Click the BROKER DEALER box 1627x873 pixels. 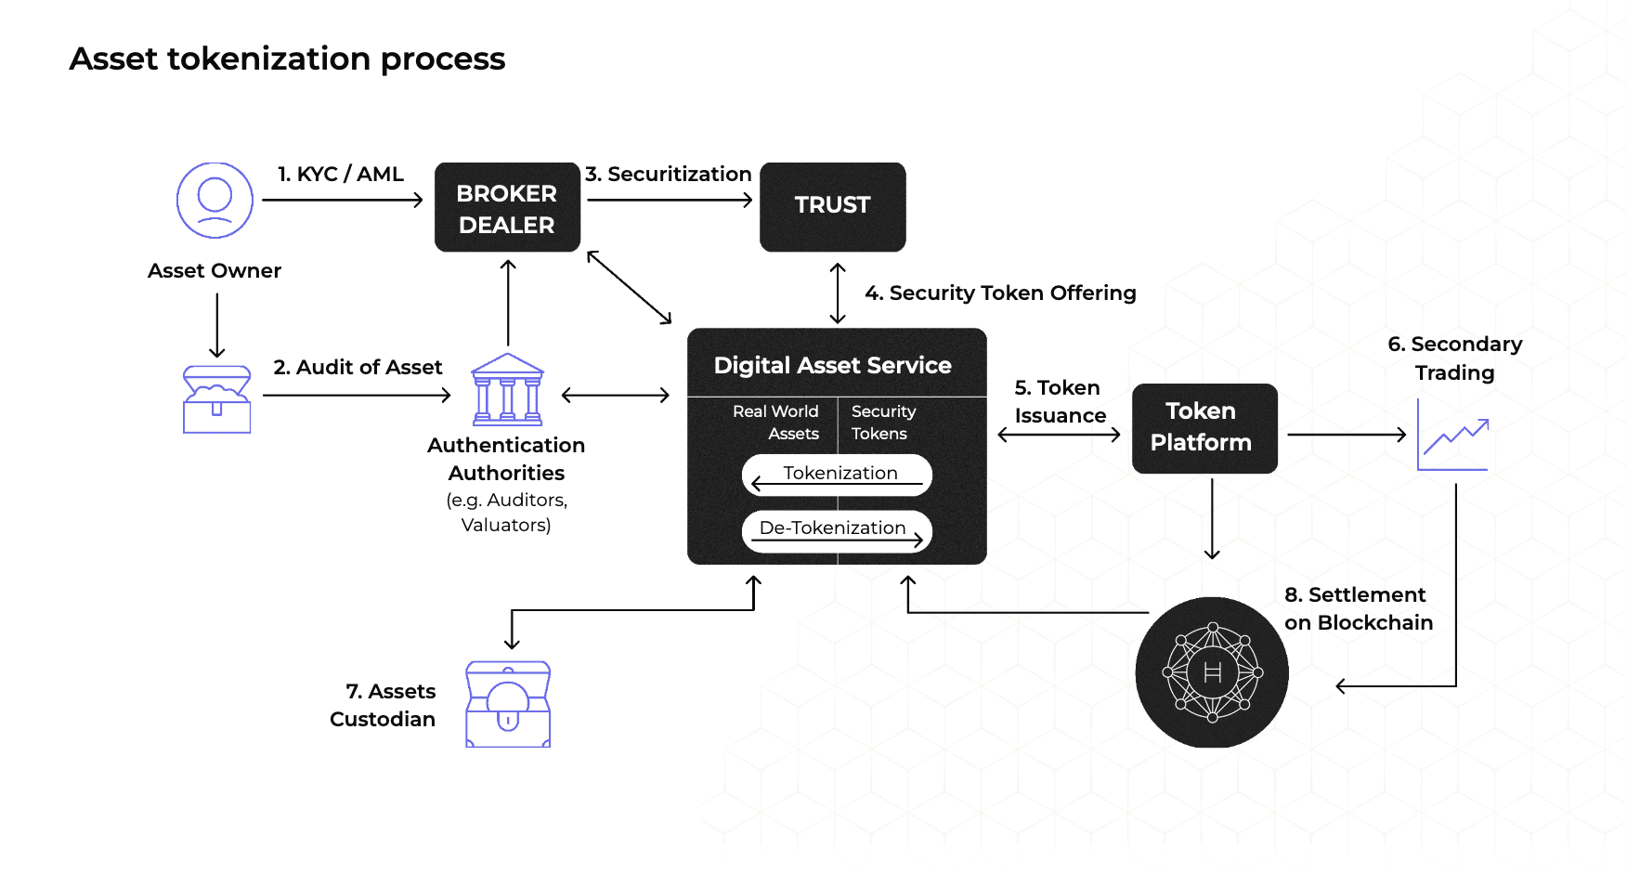(507, 207)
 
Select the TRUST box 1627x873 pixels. (832, 206)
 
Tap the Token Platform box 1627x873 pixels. (1204, 427)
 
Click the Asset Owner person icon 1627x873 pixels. (215, 200)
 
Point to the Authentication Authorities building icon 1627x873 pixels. (507, 390)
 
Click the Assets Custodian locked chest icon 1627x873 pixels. (508, 704)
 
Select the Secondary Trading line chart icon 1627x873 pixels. (1453, 436)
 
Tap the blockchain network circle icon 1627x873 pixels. (1212, 672)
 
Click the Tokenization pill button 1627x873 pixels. (837, 475)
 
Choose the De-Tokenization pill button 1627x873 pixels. (837, 530)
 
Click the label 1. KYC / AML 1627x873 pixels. (341, 175)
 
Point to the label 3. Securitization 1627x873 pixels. (669, 175)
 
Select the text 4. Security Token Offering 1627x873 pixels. (1000, 293)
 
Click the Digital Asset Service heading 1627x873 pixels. (832, 366)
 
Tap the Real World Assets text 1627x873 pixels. (776, 423)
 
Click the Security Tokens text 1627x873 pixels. (882, 423)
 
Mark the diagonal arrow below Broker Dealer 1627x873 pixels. (629, 288)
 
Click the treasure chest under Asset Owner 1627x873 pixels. (216, 399)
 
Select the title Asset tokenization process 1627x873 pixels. (287, 59)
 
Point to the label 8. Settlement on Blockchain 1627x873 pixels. (1358, 608)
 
